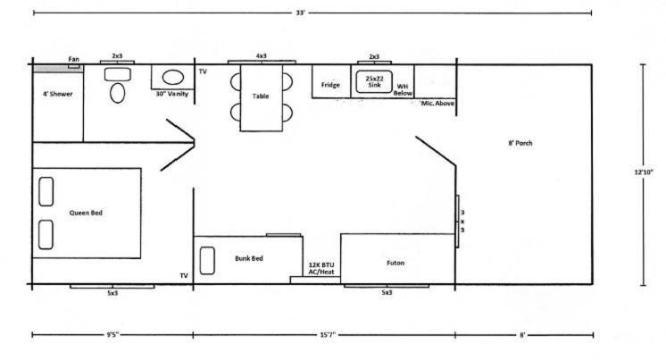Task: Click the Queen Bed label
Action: [x=86, y=213]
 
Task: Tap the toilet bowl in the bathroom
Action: [x=117, y=93]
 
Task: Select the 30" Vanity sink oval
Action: [x=173, y=78]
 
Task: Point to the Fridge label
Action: [x=330, y=85]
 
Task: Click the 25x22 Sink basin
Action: [x=374, y=81]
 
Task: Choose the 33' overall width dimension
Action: [x=300, y=13]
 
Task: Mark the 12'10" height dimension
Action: [x=644, y=172]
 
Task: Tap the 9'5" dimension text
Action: [x=112, y=335]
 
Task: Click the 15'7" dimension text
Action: [x=328, y=335]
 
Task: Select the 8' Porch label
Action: [x=520, y=143]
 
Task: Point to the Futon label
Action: [x=395, y=264]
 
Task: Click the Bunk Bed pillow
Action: [x=207, y=261]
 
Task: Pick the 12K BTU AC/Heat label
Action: [x=321, y=269]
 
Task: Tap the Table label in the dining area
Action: [x=261, y=96]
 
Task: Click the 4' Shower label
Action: [x=58, y=94]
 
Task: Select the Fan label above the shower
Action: [x=73, y=59]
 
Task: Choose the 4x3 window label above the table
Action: [x=262, y=56]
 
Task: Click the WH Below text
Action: [x=403, y=89]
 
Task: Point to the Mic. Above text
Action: [x=437, y=104]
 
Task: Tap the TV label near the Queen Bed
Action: [x=184, y=276]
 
